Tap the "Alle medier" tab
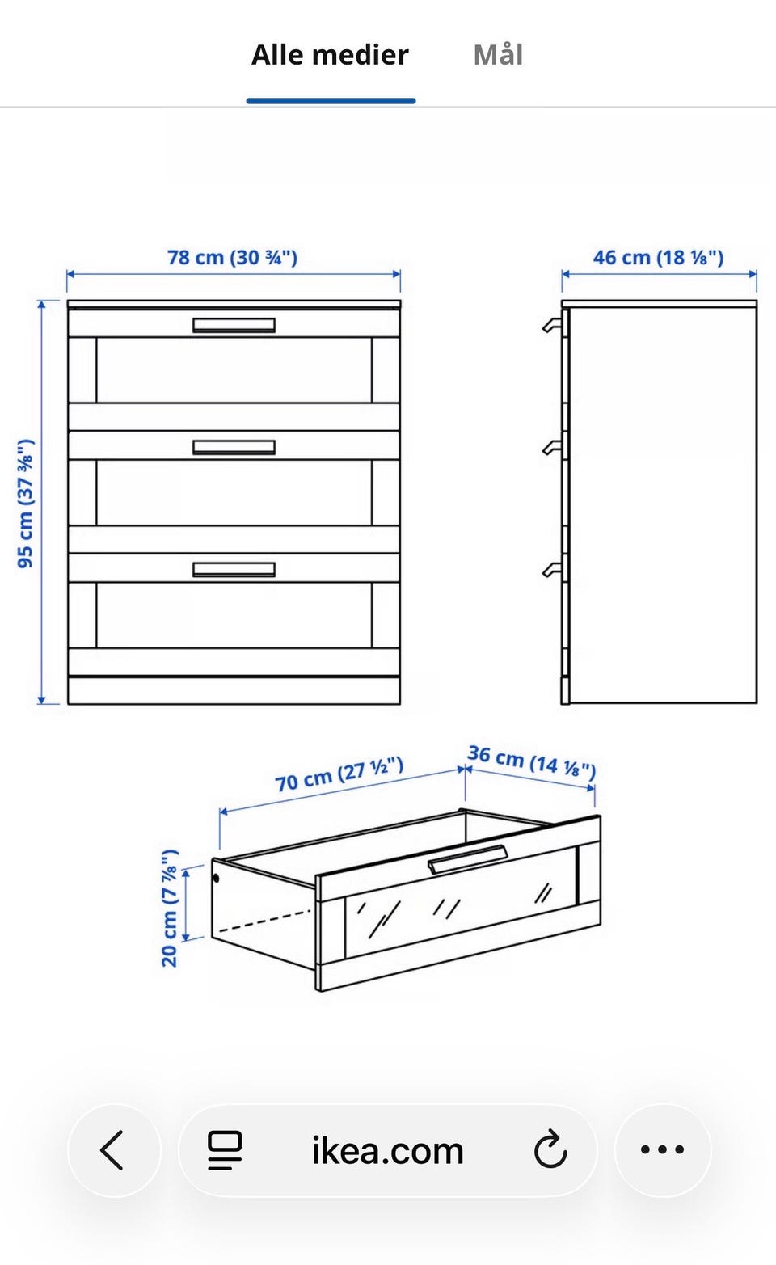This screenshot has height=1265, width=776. click(330, 55)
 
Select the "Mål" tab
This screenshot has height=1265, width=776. click(498, 55)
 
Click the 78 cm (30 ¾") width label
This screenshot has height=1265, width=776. click(232, 258)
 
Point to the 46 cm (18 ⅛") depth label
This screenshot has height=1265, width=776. click(658, 258)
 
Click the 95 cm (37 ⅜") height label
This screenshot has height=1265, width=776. click(26, 504)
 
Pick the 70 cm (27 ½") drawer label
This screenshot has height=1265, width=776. click(339, 774)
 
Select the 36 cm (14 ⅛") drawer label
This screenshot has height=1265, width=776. click(531, 761)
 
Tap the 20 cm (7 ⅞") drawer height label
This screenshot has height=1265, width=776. click(170, 908)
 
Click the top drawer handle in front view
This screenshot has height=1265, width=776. click(234, 325)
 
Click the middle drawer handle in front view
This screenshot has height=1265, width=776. click(234, 447)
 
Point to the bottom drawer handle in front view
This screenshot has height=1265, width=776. click(234, 569)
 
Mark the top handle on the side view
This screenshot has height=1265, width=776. click(552, 325)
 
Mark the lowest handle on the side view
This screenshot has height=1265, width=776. click(552, 570)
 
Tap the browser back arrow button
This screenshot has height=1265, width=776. click(113, 1149)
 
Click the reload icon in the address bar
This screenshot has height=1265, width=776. click(550, 1149)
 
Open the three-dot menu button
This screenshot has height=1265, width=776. click(663, 1149)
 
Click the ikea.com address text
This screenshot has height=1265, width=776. click(388, 1150)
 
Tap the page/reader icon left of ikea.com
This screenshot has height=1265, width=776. click(225, 1149)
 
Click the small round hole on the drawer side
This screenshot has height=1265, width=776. click(216, 878)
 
